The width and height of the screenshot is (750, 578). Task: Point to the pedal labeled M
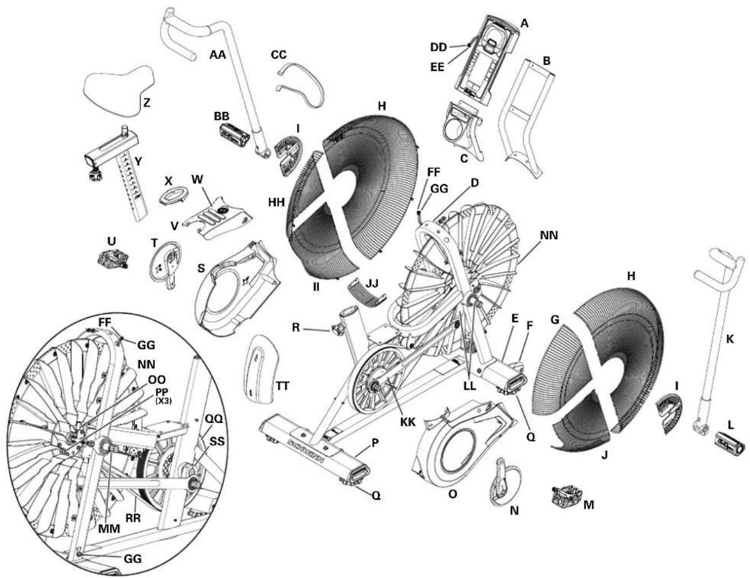pyautogui.click(x=567, y=495)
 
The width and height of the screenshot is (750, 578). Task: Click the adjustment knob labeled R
pyautogui.click(x=335, y=330)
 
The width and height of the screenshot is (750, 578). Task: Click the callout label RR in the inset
pyautogui.click(x=134, y=518)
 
